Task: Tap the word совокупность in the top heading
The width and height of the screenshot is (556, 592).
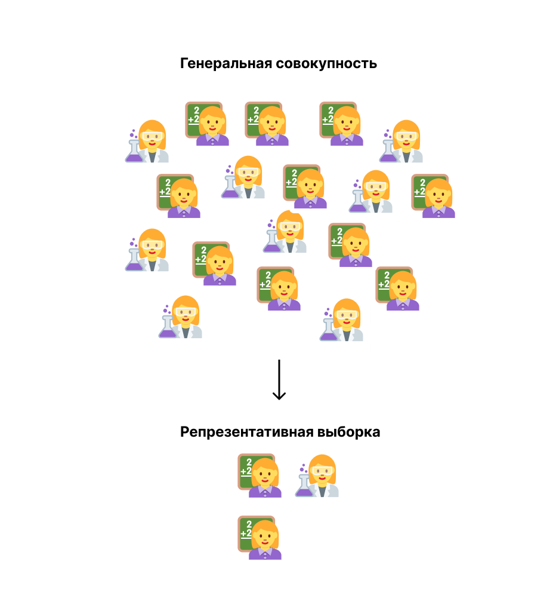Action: pos(326,64)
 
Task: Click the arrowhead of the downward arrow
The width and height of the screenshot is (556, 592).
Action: pos(279,395)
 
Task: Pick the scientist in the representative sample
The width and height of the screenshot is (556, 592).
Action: pos(319,476)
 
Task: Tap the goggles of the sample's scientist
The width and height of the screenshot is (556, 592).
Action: pos(323,471)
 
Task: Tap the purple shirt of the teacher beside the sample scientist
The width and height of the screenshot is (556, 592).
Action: pos(265,492)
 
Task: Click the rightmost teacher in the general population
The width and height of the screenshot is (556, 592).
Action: pos(434,196)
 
